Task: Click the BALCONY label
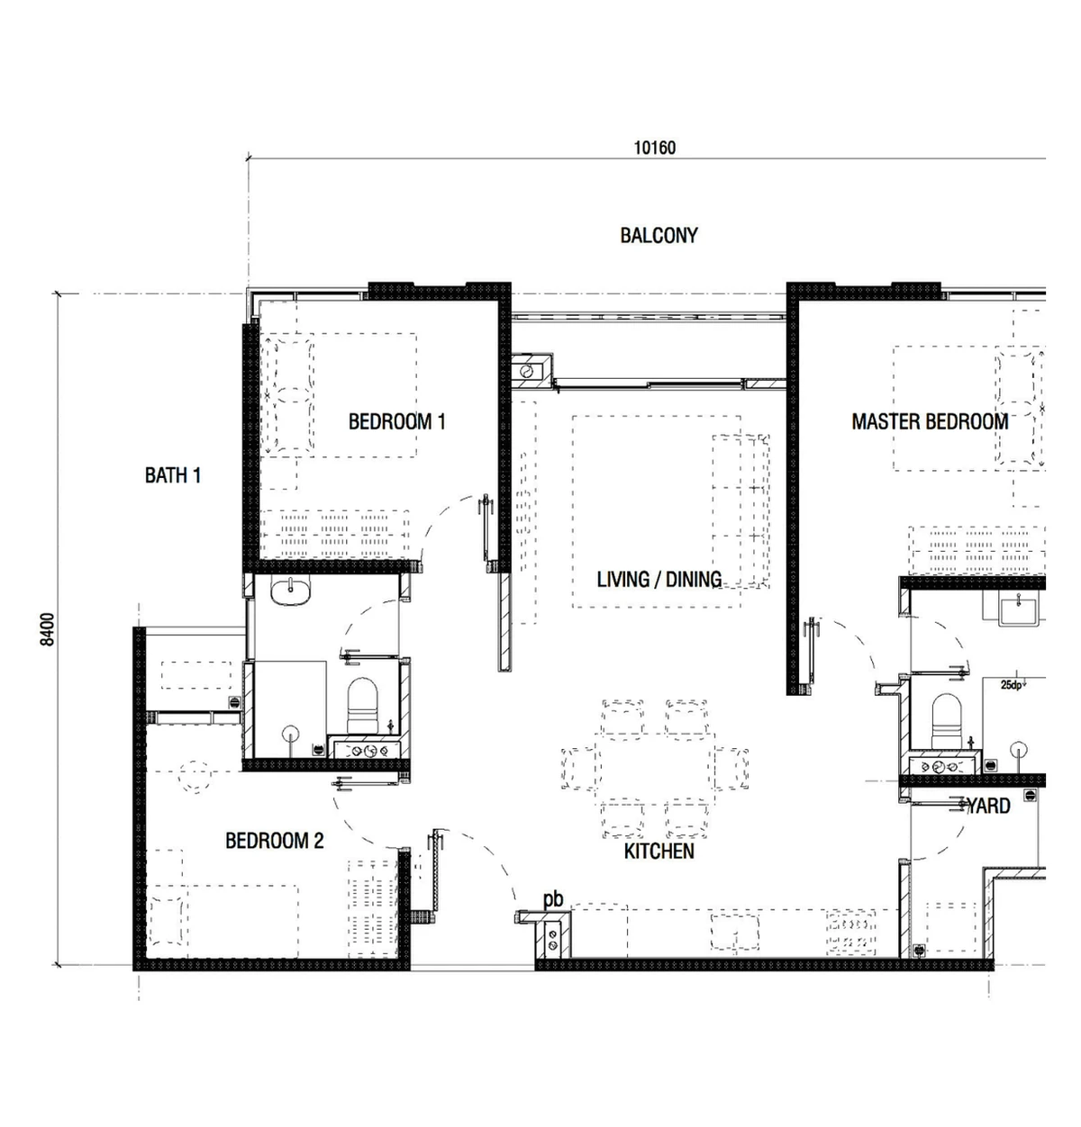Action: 659,235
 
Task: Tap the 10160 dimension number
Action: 654,148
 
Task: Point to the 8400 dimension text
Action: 48,629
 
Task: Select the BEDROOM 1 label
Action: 396,421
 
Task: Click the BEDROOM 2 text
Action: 274,841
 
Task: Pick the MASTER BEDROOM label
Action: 930,421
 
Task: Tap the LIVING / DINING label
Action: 659,579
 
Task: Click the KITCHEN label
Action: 659,851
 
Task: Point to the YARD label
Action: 989,806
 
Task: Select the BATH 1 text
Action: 173,475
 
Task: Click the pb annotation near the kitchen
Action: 553,900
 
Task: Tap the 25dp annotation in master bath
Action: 1012,684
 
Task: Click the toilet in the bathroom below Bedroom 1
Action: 362,705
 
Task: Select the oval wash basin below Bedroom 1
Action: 290,591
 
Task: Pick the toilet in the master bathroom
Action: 947,721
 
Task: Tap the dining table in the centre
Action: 654,768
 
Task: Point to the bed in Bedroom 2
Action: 223,921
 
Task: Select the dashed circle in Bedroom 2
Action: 195,776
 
